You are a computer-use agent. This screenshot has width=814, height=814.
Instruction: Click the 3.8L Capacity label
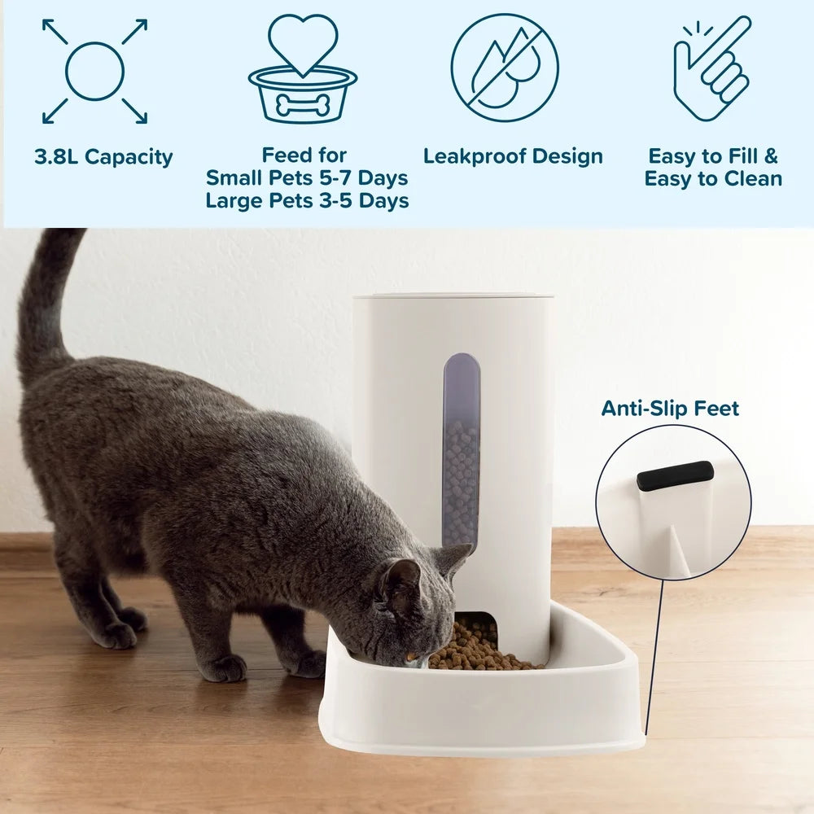(103, 157)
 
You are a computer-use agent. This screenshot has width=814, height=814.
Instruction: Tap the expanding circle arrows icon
(94, 72)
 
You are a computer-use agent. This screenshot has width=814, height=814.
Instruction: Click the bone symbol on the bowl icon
(303, 103)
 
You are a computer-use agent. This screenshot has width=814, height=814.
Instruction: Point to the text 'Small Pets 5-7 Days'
(307, 177)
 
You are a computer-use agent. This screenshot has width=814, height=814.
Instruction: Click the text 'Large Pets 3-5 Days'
(307, 200)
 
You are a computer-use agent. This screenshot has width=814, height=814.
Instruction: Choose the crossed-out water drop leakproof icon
(505, 68)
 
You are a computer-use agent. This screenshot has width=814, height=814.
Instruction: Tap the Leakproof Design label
(513, 156)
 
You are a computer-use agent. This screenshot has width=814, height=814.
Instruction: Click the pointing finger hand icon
(711, 69)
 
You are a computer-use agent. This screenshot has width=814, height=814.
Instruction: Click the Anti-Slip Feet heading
(670, 409)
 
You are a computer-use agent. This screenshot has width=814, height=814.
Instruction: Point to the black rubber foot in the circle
(675, 475)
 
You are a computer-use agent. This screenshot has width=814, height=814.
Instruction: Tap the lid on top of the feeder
(453, 295)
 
